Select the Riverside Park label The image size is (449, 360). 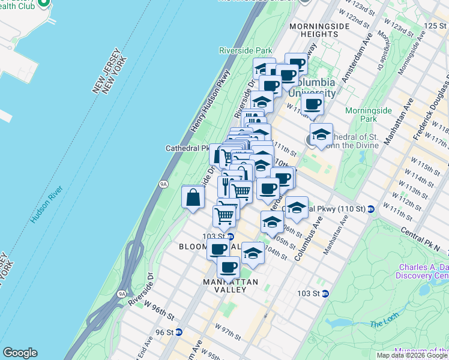tap(246, 50)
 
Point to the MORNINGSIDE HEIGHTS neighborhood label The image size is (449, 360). tap(313, 31)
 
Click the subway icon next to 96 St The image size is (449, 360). tap(178, 332)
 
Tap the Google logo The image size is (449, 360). tap(20, 353)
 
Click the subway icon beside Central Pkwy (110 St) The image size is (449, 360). tap(371, 209)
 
